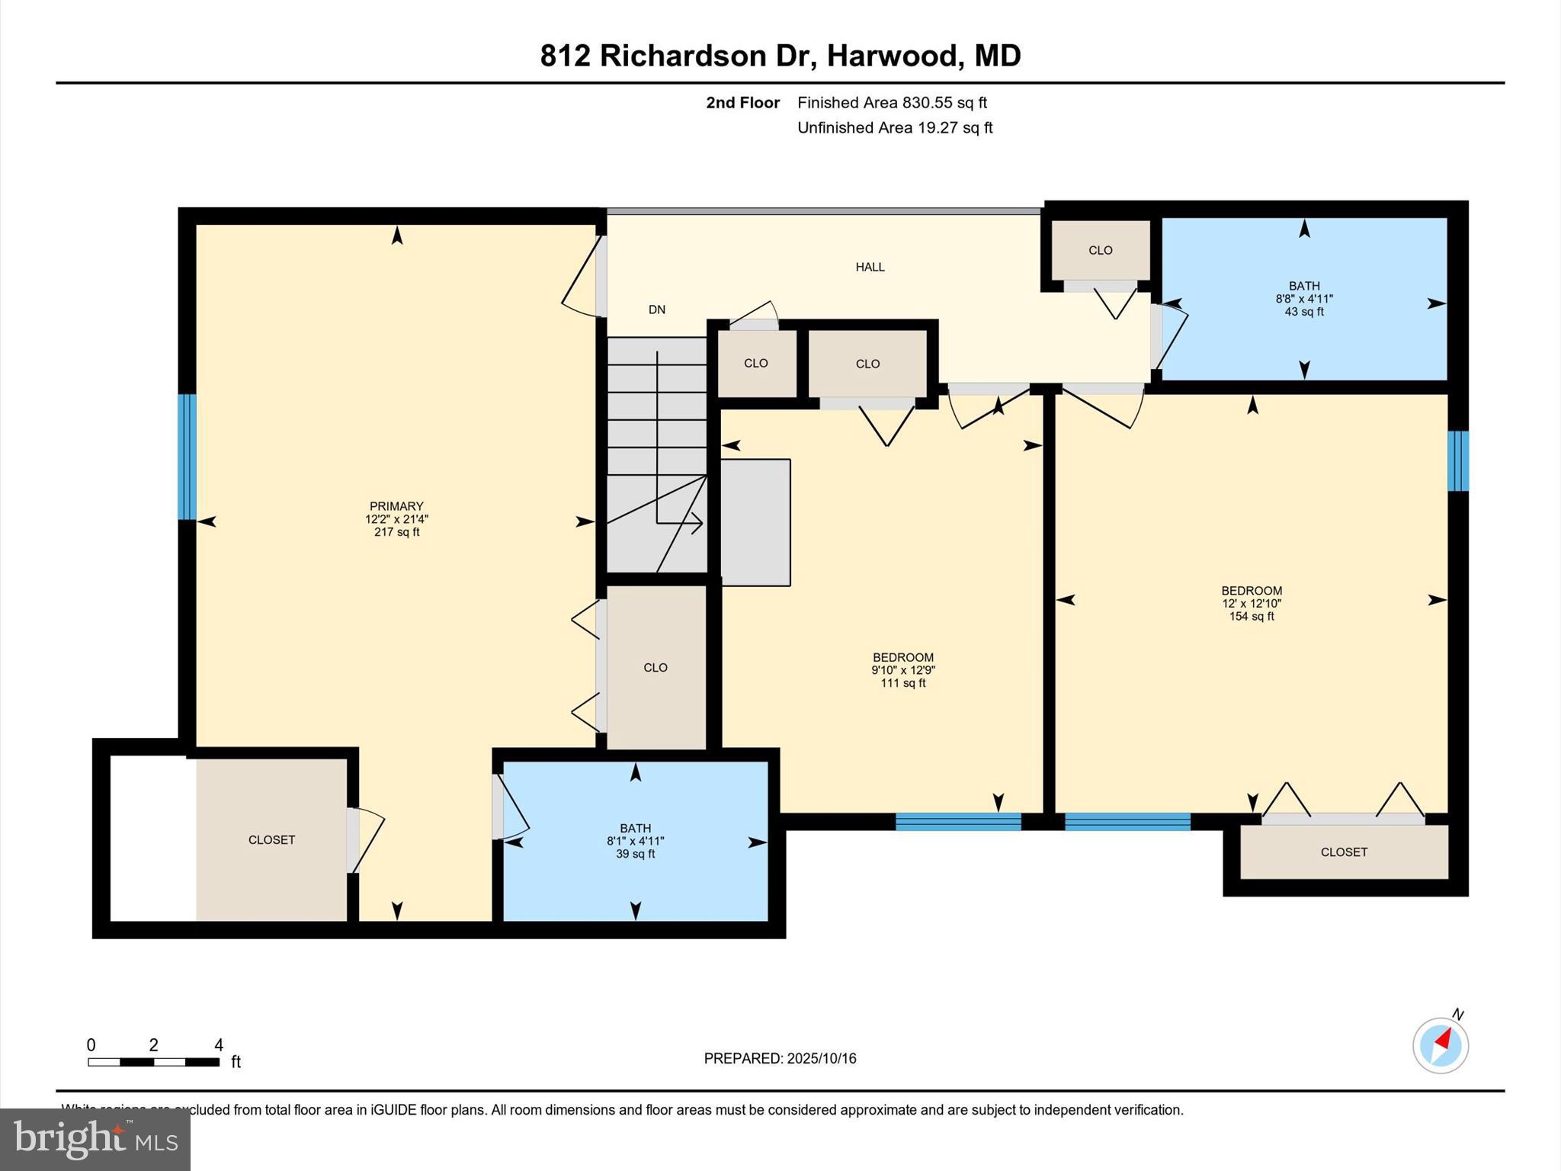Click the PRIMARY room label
(x=396, y=506)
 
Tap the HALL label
(x=870, y=267)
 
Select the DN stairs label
(x=656, y=310)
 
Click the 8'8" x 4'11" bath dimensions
(x=1304, y=299)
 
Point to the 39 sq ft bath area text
(x=635, y=854)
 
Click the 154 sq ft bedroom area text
(x=1252, y=616)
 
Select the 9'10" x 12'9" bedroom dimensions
(x=903, y=670)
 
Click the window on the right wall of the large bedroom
(x=1457, y=460)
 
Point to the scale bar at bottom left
(x=153, y=1061)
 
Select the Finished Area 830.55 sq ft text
(x=892, y=102)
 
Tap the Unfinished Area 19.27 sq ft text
(x=895, y=127)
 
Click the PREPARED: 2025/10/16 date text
(x=780, y=1058)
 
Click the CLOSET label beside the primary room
(x=271, y=839)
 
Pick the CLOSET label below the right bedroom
(x=1344, y=852)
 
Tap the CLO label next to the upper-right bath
(x=1100, y=250)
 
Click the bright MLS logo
(x=95, y=1139)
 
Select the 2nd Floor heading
(x=742, y=102)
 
